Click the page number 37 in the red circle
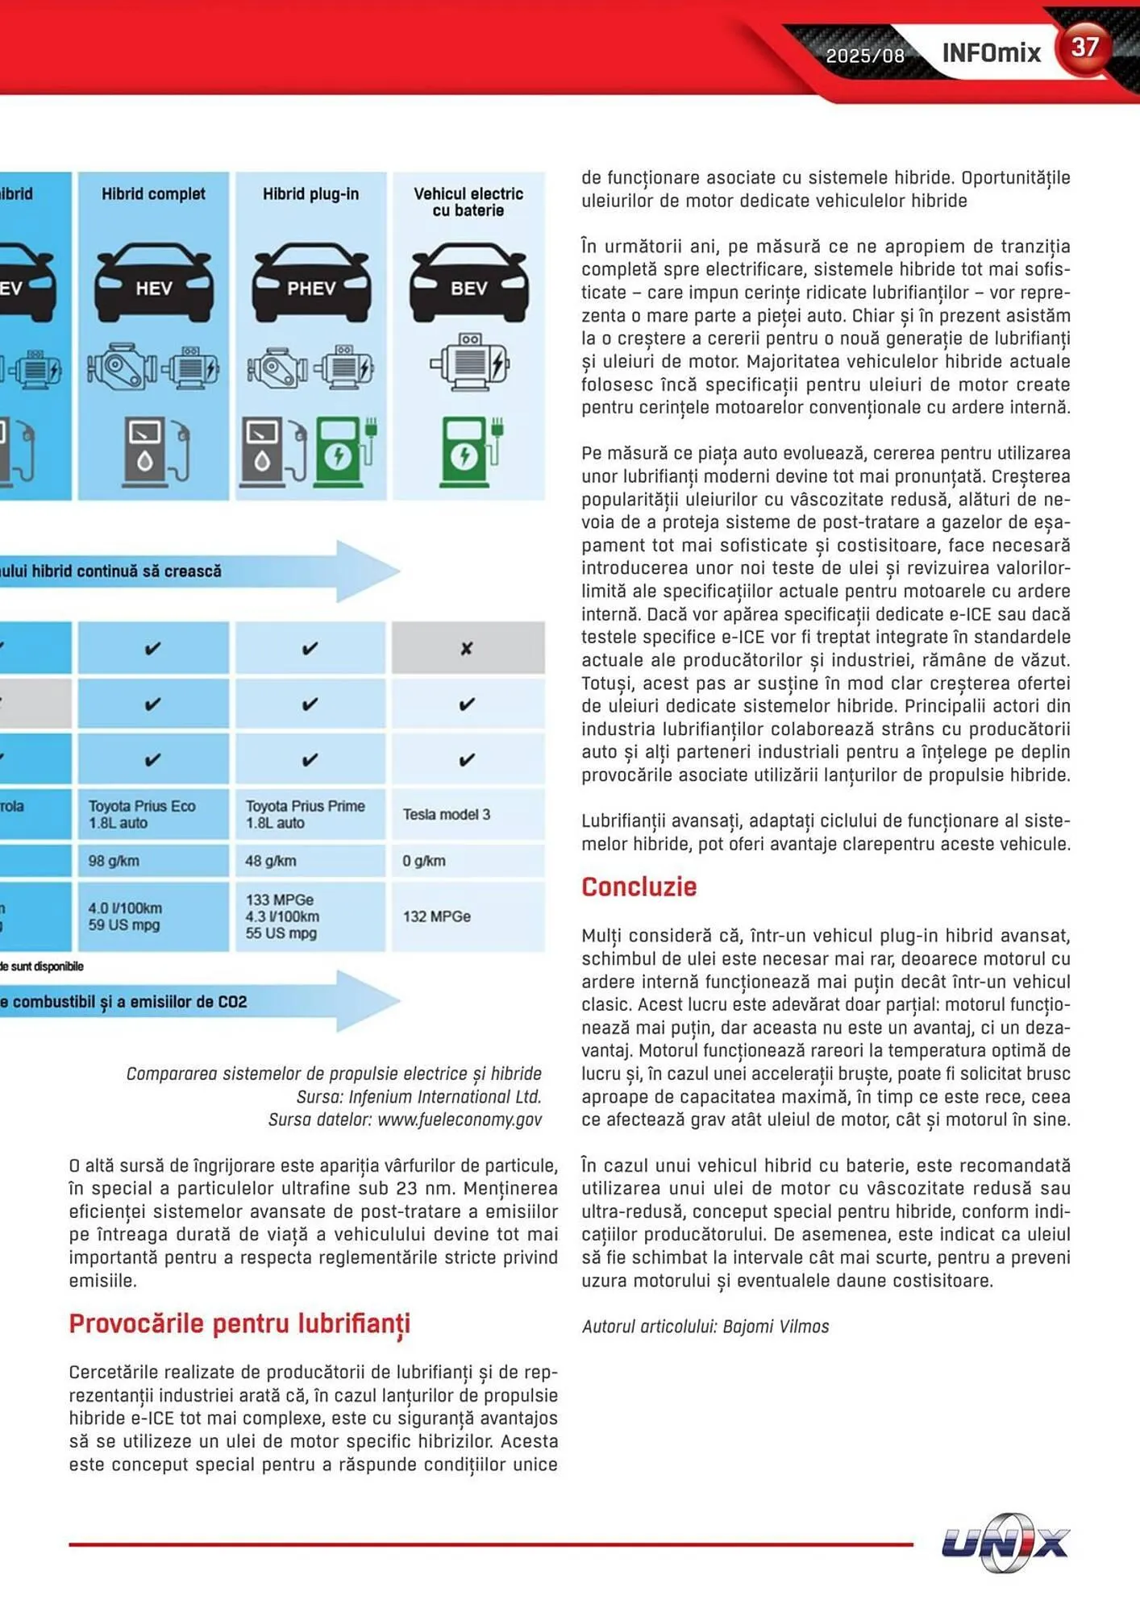coord(1084,47)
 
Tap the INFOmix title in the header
coord(991,53)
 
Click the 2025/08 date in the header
coord(865,56)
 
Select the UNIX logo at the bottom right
coord(1005,1543)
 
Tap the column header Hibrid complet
coord(153,194)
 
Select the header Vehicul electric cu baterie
coord(468,201)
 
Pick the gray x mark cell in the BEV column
coord(468,648)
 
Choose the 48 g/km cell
coord(271,861)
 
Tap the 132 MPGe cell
coord(437,916)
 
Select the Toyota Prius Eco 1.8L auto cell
coord(142,814)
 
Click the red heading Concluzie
coord(639,887)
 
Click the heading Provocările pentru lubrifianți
coord(239,1323)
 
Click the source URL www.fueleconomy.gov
coord(460,1120)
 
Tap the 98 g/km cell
coord(114,861)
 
